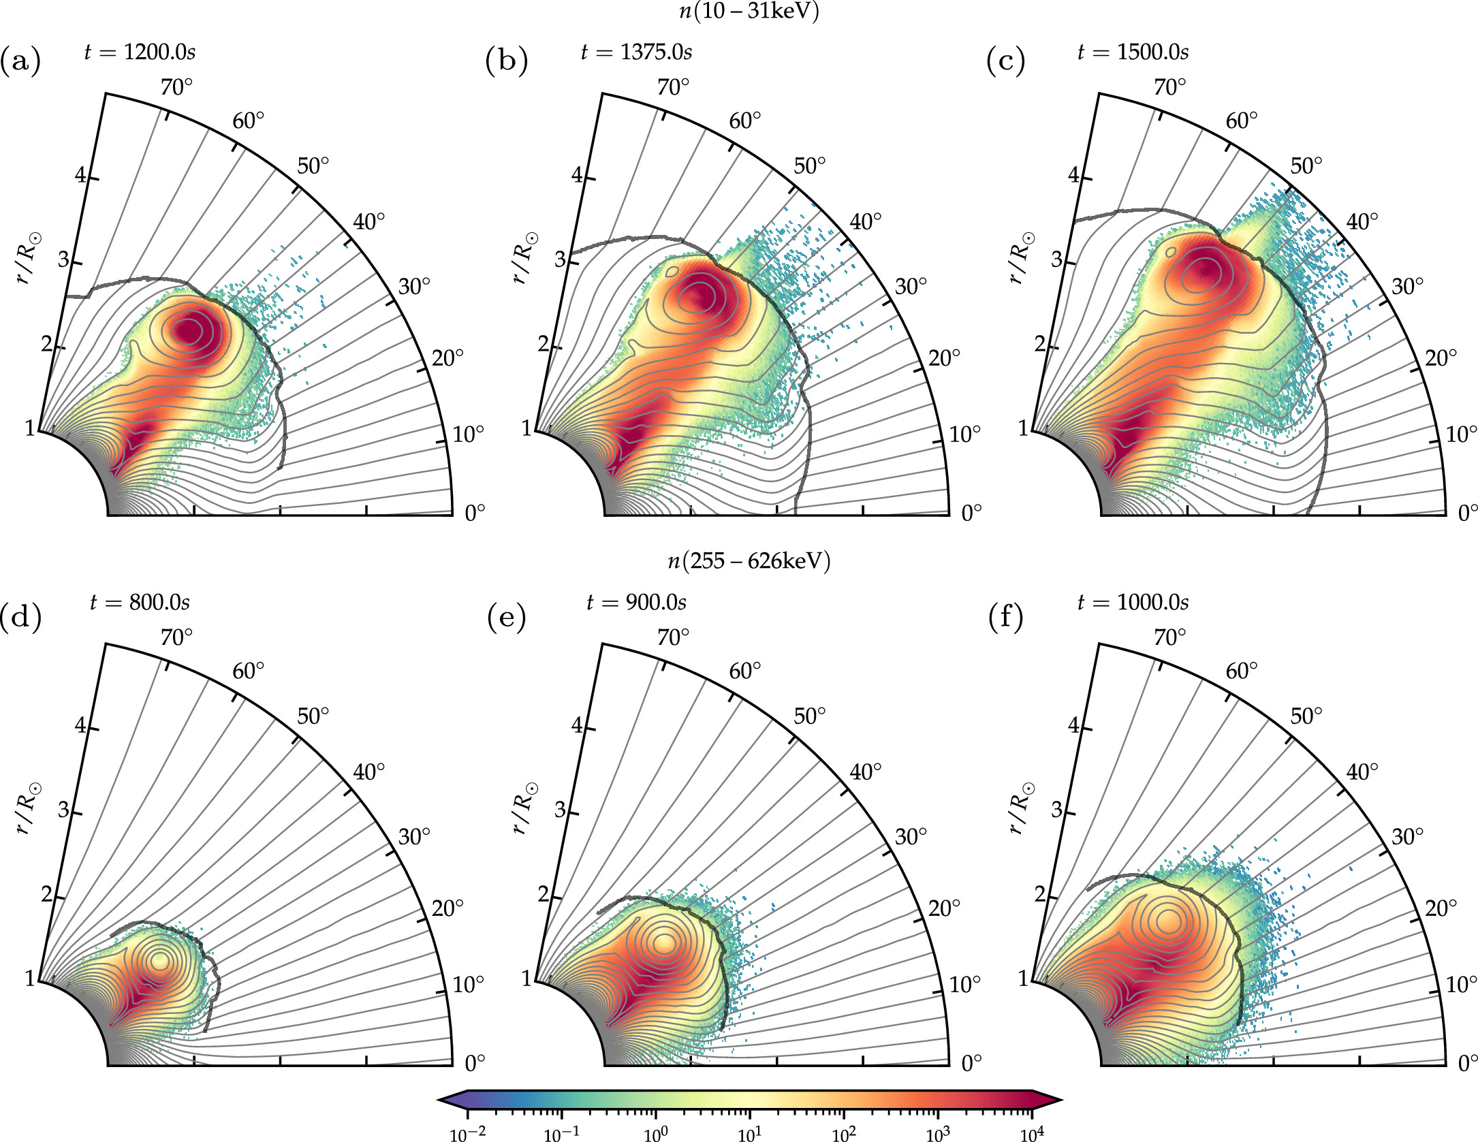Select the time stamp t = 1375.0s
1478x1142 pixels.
[x=636, y=52]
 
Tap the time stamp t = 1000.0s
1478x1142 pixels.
[x=1133, y=603]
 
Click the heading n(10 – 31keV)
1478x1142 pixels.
[x=749, y=12]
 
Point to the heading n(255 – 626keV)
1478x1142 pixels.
[x=749, y=561]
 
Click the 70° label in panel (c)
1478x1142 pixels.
[x=1169, y=88]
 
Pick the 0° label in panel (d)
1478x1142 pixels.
[x=475, y=1062]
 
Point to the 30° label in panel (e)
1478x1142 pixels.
[x=910, y=836]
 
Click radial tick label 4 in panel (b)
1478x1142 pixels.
[x=577, y=175]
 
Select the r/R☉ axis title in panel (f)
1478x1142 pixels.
[x=1019, y=807]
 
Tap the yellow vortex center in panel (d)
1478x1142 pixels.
[x=160, y=961]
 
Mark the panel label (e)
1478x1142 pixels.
[x=507, y=618]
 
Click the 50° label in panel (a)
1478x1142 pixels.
[x=313, y=165]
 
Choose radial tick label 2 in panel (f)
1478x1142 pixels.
[x=1039, y=894]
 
